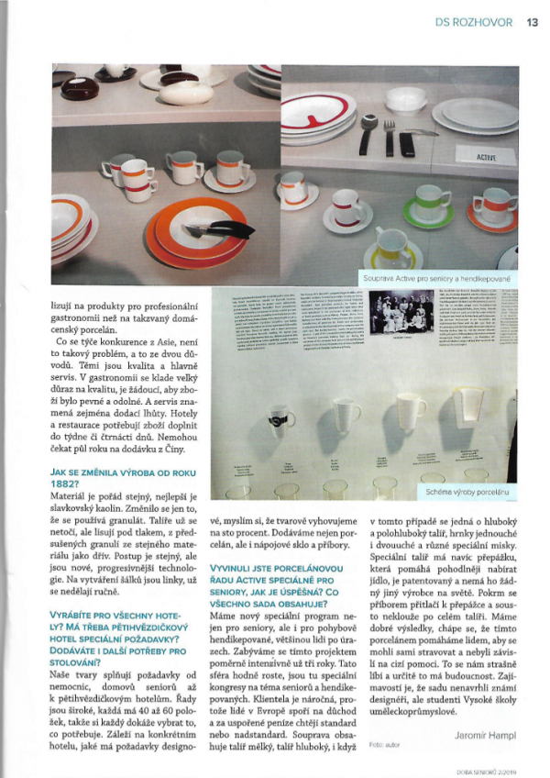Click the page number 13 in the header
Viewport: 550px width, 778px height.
pos(532,24)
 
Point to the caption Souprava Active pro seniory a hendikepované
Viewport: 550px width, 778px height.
pos(438,276)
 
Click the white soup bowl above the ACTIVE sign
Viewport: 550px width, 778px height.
pos(405,96)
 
